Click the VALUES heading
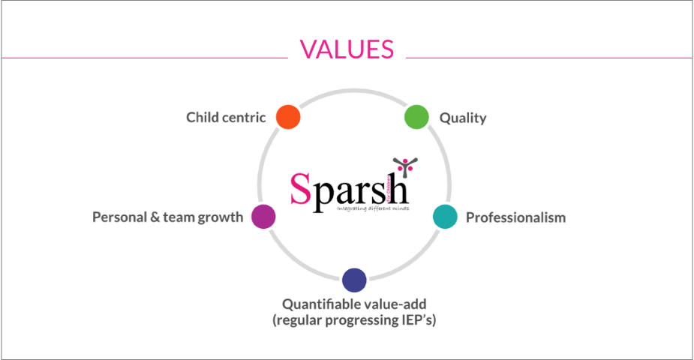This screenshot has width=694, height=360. (347, 49)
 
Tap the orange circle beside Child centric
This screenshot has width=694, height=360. (288, 117)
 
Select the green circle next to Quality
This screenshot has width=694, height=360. (416, 117)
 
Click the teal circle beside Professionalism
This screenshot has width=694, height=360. (445, 217)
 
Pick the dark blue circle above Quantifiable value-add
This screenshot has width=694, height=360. (354, 280)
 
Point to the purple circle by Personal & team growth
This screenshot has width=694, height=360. (263, 216)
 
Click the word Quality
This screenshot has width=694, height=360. (463, 118)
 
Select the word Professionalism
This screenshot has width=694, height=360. (515, 217)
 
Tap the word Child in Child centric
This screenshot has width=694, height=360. (202, 117)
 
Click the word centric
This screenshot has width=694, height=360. (243, 117)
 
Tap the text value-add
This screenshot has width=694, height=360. (393, 304)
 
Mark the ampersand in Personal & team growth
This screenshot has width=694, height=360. (159, 217)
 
